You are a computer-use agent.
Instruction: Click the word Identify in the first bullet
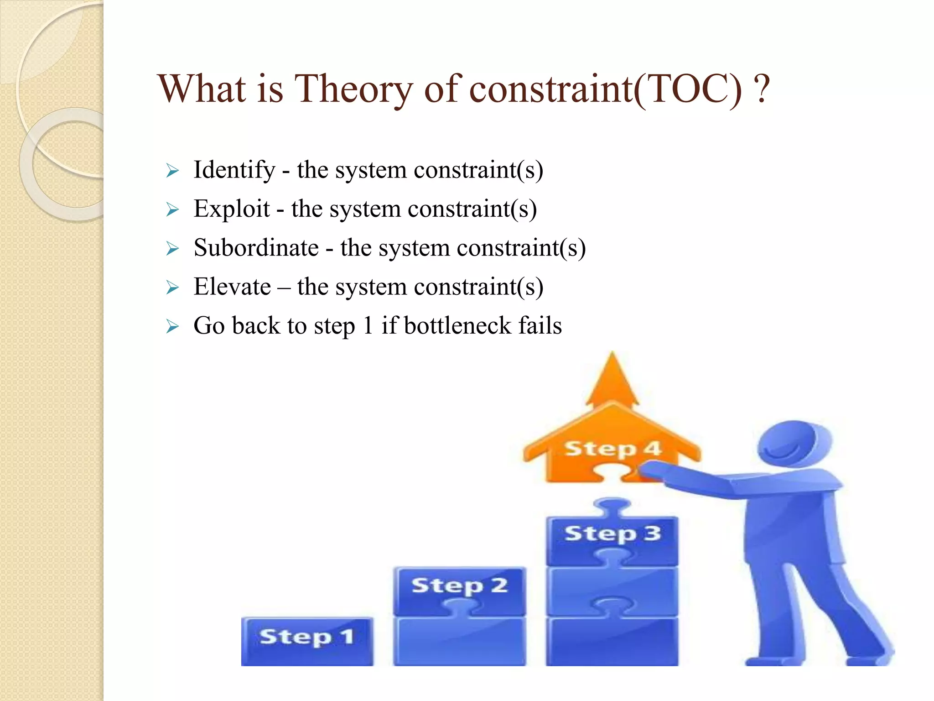pyautogui.click(x=234, y=170)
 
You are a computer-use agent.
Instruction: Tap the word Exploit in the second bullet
pyautogui.click(x=232, y=209)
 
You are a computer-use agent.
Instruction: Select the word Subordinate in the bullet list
pyautogui.click(x=256, y=248)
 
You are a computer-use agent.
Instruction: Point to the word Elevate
pyautogui.click(x=232, y=287)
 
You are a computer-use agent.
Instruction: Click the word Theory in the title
pyautogui.click(x=354, y=89)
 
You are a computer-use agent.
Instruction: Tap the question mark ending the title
pyautogui.click(x=762, y=89)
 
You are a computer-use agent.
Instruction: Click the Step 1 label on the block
pyautogui.click(x=307, y=637)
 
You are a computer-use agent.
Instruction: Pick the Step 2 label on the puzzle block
pyautogui.click(x=459, y=586)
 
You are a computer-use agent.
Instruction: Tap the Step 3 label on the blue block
pyautogui.click(x=612, y=533)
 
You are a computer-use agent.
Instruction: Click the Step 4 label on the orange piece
pyautogui.click(x=612, y=449)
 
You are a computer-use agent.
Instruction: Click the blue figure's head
pyautogui.click(x=794, y=443)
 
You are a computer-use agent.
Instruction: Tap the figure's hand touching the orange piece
pyautogui.click(x=650, y=470)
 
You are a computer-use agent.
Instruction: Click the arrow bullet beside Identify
pyautogui.click(x=172, y=171)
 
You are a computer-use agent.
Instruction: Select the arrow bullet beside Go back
pyautogui.click(x=172, y=327)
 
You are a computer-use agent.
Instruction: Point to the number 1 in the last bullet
pyautogui.click(x=368, y=326)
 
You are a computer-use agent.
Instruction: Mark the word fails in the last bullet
pyautogui.click(x=540, y=326)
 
